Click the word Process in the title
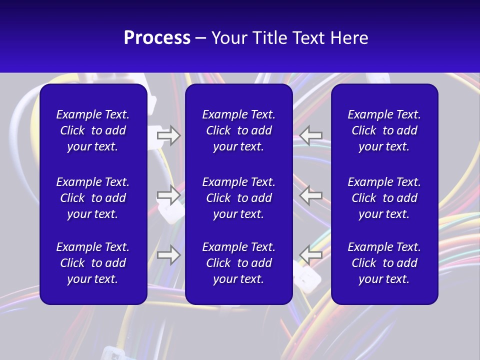point(157,38)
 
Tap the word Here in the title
point(349,38)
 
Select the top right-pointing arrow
point(168,135)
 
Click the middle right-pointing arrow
point(168,195)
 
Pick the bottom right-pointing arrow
point(168,254)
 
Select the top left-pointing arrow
point(311,135)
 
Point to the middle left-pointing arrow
point(311,195)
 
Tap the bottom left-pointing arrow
point(311,254)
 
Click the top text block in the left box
point(93,130)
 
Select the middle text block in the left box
point(93,198)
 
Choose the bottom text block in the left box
point(93,263)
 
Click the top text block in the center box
point(239,130)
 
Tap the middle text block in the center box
point(239,198)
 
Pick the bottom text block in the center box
point(239,263)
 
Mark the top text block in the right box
point(384,130)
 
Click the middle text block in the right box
point(384,198)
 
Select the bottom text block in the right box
point(384,263)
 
